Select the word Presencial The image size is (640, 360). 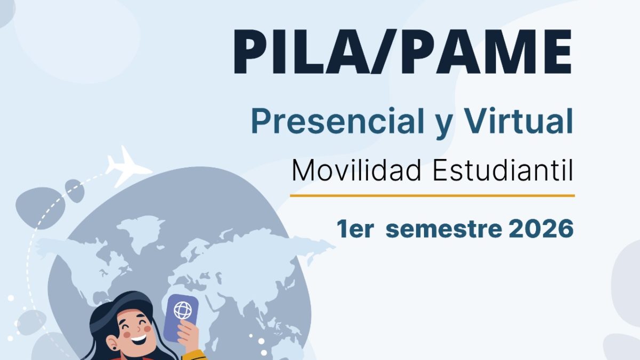click(338, 122)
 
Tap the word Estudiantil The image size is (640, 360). click(503, 170)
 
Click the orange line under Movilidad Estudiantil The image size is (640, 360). click(433, 196)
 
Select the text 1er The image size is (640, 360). click(355, 229)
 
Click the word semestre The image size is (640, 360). click(444, 230)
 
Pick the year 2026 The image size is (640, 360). click(541, 229)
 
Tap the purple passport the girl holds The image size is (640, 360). click(181, 318)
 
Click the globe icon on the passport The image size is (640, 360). click(183, 310)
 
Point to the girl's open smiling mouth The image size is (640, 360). click(139, 339)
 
